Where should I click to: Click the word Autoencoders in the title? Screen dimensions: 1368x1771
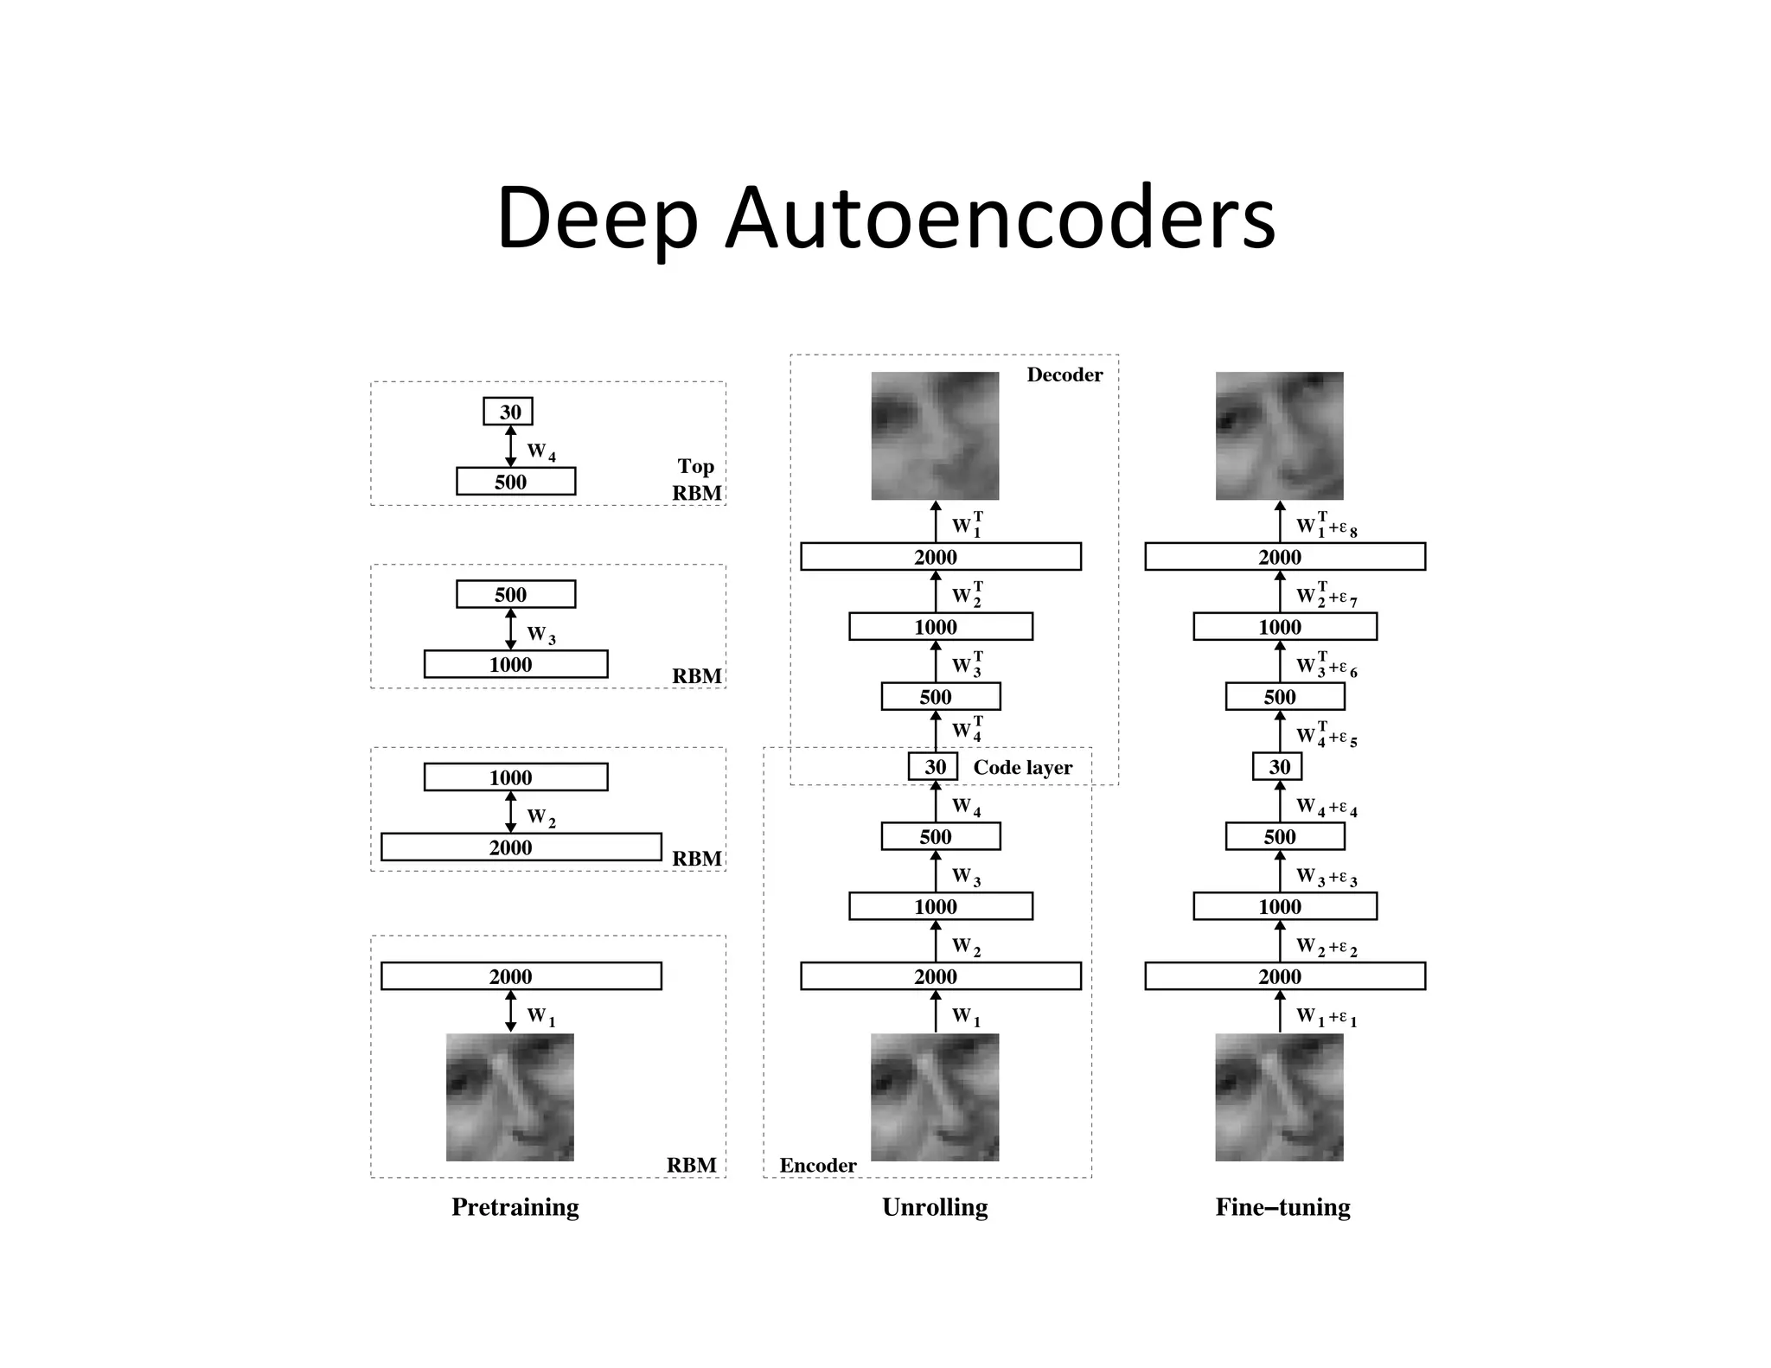1000,218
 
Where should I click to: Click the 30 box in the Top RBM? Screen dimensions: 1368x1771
508,412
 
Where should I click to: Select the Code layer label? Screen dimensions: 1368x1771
1022,768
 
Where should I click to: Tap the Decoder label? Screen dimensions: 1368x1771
1065,375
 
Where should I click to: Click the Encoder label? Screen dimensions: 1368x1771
817,1166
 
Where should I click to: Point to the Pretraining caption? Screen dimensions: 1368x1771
515,1207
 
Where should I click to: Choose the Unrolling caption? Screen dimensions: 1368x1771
935,1207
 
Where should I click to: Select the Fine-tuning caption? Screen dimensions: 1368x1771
1282,1207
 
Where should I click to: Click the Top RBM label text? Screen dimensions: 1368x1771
697,480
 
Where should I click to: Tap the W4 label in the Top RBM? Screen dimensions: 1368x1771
541,452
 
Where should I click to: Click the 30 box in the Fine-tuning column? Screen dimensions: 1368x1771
1277,767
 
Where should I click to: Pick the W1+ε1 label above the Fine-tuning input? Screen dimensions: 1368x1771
1327,1018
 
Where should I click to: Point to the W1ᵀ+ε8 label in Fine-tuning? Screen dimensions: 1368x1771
1327,526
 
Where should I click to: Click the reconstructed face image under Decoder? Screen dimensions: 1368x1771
935,436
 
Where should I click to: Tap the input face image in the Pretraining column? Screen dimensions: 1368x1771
509,1097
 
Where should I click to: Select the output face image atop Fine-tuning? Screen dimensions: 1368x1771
1279,436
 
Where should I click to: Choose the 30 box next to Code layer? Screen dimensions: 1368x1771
933,767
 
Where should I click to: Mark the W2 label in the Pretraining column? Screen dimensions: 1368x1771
541,818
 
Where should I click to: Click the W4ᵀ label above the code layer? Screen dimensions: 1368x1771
967,730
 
